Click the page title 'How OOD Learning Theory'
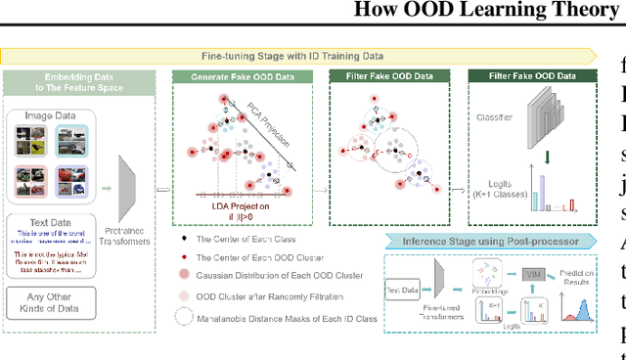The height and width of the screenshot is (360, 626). pyautogui.click(x=490, y=12)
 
